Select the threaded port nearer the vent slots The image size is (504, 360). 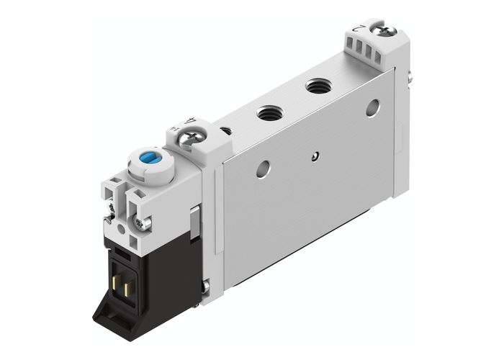pos(315,87)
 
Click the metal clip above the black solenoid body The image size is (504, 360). pos(193,220)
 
